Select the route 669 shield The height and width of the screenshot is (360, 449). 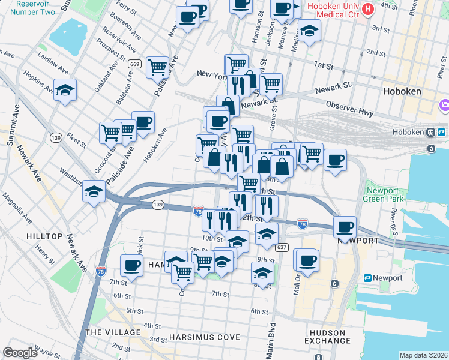coord(134,64)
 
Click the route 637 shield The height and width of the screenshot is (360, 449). coord(282,247)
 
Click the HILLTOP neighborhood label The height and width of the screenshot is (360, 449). coord(44,236)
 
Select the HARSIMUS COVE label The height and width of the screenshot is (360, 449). coord(204,337)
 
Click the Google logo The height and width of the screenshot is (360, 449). coord(20,352)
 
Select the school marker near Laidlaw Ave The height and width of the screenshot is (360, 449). coord(65,90)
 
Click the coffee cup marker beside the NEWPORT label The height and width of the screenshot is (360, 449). coord(345,227)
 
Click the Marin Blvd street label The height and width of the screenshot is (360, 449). coord(271,341)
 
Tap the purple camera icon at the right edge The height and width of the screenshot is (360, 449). coord(444,107)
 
